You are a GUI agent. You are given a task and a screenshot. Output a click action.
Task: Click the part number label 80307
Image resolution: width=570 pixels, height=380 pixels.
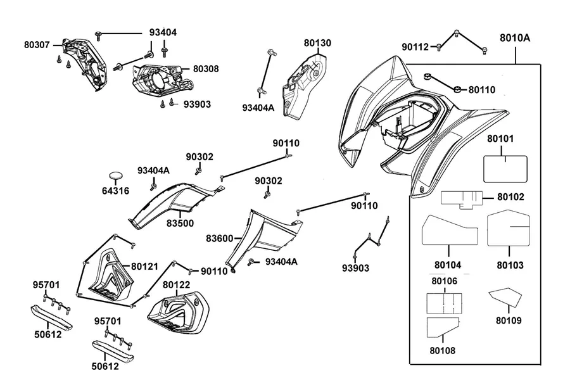37,45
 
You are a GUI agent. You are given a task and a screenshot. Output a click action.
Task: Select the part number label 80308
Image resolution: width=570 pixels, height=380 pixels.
206,69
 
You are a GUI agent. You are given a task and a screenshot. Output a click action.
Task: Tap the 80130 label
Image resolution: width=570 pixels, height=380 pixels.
317,43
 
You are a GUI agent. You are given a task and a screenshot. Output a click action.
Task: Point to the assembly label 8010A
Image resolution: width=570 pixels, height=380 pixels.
515,38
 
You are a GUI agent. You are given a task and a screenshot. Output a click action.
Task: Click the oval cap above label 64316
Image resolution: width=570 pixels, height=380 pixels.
117,175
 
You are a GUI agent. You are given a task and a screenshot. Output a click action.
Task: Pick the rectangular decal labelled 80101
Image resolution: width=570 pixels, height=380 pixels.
505,168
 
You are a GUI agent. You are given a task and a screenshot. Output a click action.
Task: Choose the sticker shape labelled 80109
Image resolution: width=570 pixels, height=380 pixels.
505,297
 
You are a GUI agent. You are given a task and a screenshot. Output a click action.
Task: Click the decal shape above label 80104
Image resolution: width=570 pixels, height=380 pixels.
450,230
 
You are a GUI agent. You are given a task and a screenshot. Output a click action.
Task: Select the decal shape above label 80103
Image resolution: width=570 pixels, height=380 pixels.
509,228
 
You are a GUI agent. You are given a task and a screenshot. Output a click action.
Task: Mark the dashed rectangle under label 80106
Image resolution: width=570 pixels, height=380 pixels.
444,303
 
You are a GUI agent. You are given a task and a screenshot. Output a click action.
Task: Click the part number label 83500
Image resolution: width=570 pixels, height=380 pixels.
180,223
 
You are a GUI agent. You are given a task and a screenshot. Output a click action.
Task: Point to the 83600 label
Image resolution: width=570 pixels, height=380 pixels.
220,239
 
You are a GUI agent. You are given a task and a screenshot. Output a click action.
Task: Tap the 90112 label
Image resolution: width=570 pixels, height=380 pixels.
415,47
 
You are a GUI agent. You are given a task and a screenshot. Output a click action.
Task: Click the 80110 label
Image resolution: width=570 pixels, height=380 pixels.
482,89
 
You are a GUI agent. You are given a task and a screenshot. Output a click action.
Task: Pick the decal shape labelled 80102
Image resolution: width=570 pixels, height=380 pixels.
462,199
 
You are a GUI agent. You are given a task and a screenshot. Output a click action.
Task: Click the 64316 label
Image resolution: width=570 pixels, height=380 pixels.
115,191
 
